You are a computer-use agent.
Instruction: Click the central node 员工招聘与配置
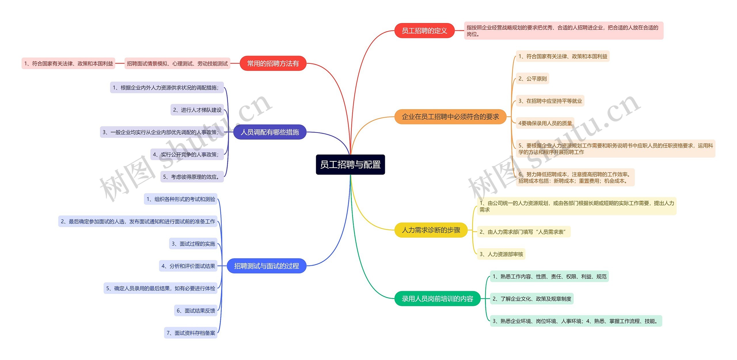(x=350, y=165)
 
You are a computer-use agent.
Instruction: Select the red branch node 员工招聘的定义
(x=424, y=31)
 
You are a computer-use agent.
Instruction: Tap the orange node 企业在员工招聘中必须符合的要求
(x=450, y=117)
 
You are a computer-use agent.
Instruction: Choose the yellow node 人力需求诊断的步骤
(x=431, y=230)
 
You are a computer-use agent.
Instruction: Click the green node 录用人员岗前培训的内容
(x=437, y=299)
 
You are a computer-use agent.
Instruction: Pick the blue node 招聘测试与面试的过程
(x=266, y=266)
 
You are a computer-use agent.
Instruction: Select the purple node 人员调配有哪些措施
(x=269, y=132)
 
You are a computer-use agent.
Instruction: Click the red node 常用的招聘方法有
(x=273, y=64)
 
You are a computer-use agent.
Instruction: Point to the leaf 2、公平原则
(x=532, y=79)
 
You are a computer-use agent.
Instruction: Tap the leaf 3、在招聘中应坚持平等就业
(x=550, y=101)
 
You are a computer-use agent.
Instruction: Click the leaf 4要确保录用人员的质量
(x=545, y=123)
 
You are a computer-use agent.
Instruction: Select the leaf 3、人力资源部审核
(x=501, y=254)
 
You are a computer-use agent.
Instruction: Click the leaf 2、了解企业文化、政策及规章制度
(x=531, y=299)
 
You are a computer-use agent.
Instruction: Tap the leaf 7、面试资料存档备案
(x=191, y=333)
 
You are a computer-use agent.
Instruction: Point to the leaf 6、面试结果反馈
(x=195, y=311)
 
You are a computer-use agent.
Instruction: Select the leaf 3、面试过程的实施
(x=193, y=244)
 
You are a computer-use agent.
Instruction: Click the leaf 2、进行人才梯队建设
(x=197, y=110)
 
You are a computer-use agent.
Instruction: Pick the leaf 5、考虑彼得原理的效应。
(x=192, y=177)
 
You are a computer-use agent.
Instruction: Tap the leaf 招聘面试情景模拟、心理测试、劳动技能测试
(x=177, y=64)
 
